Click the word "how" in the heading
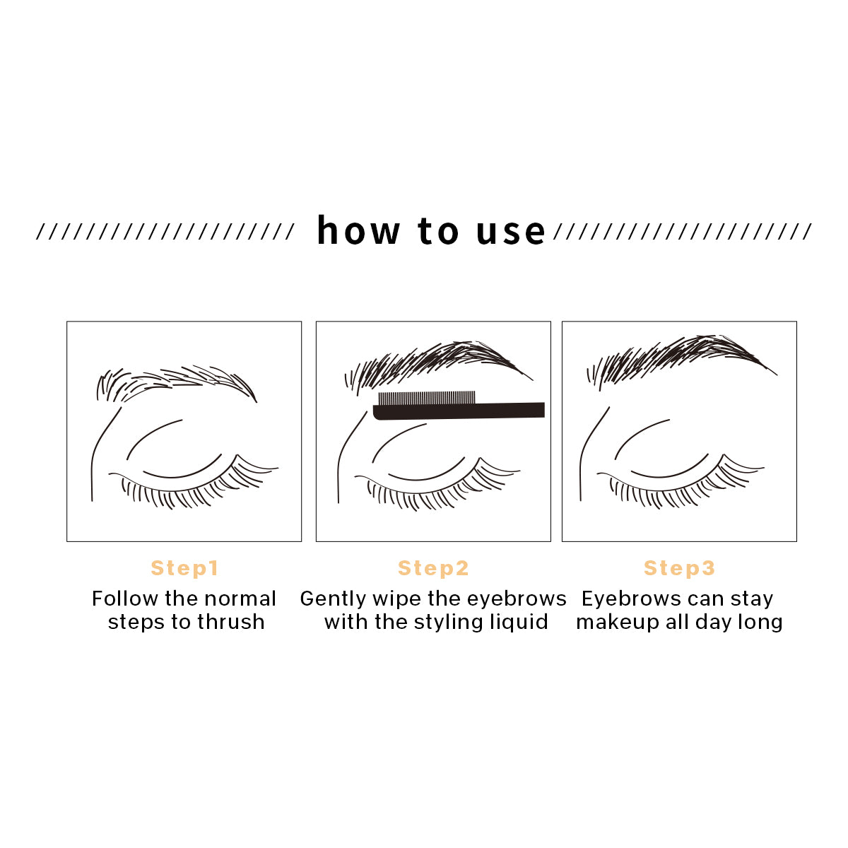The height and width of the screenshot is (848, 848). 358,231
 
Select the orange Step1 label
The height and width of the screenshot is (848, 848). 184,568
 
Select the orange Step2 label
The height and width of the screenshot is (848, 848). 433,568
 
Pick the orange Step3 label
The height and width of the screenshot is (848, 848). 679,568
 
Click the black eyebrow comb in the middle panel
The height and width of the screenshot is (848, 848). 459,408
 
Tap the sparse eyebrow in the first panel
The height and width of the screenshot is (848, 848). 177,382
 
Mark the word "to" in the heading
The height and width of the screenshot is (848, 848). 438,231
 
